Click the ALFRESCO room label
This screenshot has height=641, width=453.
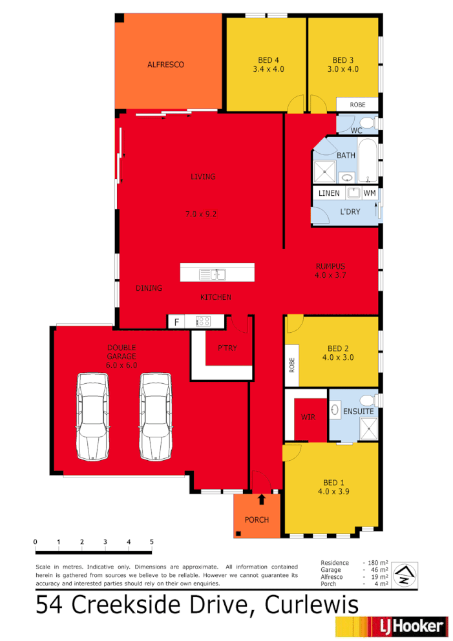(165, 65)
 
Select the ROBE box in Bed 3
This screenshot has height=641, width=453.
(357, 105)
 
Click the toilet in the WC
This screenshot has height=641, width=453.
(366, 123)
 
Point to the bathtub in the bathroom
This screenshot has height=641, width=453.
(368, 160)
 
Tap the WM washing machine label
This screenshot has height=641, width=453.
(369, 193)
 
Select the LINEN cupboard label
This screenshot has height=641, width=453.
(329, 193)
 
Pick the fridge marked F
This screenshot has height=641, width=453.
(175, 320)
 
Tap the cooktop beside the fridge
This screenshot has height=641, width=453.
(204, 320)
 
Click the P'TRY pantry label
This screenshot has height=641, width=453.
(227, 348)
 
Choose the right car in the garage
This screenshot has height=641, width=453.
(155, 416)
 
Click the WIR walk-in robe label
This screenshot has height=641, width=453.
(308, 417)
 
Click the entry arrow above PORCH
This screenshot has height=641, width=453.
(261, 499)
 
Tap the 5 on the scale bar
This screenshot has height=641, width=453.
(152, 541)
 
